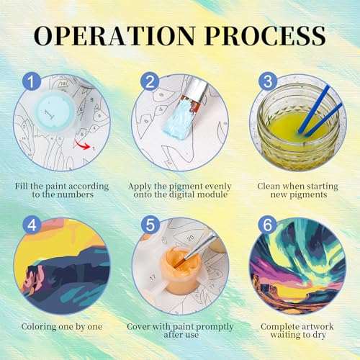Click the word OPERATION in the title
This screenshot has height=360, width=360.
click(x=114, y=35)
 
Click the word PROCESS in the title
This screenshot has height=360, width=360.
click(x=266, y=35)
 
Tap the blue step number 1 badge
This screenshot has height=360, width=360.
click(x=32, y=81)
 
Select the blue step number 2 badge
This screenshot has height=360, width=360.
click(x=150, y=81)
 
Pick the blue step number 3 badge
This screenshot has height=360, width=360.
click(x=268, y=81)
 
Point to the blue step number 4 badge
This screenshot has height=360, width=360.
click(x=32, y=225)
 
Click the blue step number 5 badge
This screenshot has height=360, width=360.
click(x=150, y=225)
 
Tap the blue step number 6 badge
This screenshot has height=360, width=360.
click(x=268, y=225)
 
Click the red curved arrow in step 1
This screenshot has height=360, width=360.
click(x=82, y=145)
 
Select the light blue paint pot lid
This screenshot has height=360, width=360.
click(x=55, y=112)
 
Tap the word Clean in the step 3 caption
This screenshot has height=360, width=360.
click(x=269, y=186)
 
